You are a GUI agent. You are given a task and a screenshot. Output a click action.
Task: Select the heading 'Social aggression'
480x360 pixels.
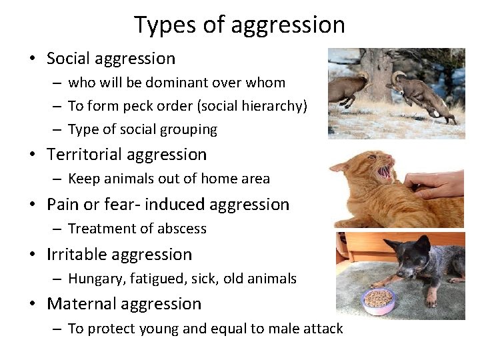[111, 59]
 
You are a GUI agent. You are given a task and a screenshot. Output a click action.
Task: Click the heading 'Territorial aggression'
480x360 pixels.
[127, 155]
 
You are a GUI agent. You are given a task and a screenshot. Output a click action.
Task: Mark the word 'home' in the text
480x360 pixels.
[221, 178]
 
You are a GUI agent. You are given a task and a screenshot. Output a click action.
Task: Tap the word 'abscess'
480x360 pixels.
[181, 229]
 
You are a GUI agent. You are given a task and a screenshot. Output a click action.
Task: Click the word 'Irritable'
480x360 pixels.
[77, 255]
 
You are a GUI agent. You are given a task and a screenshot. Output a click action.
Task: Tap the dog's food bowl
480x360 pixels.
[378, 301]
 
